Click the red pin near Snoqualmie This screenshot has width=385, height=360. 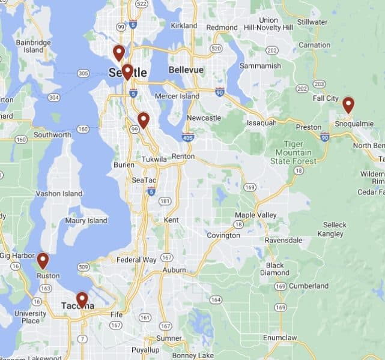tap(348, 105)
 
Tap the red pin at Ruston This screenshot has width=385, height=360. tap(43, 260)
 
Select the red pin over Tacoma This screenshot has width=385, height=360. tap(82, 299)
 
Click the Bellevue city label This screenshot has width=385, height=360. tap(186, 70)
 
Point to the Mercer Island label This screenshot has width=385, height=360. tap(177, 96)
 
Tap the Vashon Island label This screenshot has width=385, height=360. tap(59, 194)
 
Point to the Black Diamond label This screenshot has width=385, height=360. tap(274, 269)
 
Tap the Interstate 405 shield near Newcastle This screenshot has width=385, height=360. tap(188, 137)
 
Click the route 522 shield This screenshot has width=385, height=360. tap(142, 4)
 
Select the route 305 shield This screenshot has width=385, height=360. tap(83, 73)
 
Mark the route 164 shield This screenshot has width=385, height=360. tap(216, 299)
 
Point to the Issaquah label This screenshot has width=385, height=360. tap(262, 123)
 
